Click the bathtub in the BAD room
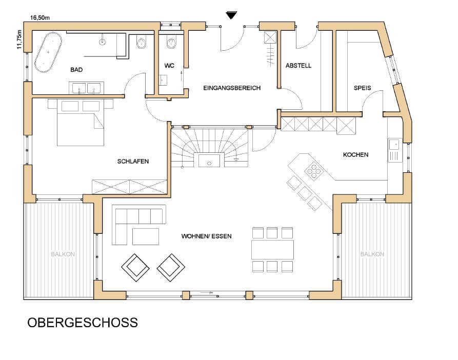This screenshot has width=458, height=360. point(48,52)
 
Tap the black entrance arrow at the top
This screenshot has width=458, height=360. point(231,15)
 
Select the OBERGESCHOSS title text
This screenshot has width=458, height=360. point(83,323)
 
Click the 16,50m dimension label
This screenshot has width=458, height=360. point(39,18)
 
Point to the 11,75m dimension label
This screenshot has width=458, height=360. point(19,39)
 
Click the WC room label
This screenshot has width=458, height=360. point(169,66)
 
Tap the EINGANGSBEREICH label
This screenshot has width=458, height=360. point(232,88)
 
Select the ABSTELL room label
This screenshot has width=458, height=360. point(298,66)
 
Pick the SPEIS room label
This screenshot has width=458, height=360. point(362,88)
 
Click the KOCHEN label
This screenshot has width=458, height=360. point(355,155)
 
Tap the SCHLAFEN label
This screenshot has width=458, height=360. point(133,162)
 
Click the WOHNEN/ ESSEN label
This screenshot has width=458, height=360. point(207,236)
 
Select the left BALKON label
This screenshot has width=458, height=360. point(63,254)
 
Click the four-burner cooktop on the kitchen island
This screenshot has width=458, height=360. point(313,170)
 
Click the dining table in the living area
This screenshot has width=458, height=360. point(272,250)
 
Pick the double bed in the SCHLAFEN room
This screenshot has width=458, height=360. point(81,123)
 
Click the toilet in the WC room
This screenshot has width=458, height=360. point(171,43)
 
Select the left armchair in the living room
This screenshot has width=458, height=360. point(135,268)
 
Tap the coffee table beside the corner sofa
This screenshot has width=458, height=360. point(146,236)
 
